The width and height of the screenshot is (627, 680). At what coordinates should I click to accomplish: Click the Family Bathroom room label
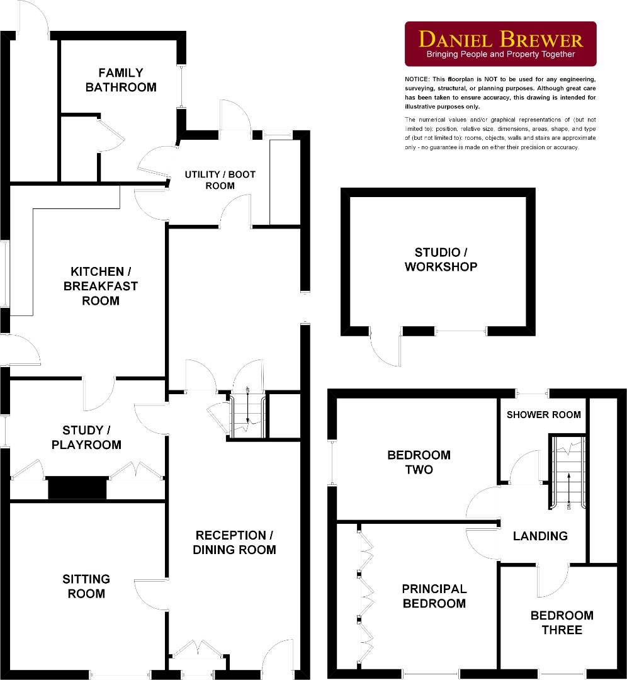[x=121, y=80]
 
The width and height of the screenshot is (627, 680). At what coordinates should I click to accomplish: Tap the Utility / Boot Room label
[x=220, y=180]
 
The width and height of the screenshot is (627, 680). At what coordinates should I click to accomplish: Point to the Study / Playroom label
[x=91, y=438]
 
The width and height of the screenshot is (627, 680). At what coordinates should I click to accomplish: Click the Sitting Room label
[x=86, y=586]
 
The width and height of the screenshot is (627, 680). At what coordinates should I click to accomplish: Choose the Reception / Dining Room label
[x=234, y=543]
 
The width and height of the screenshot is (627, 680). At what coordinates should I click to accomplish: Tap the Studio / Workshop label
[x=441, y=259]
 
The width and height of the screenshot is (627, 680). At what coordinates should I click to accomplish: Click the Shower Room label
[x=543, y=414]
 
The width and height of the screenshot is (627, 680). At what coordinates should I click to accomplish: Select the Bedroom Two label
[x=419, y=462]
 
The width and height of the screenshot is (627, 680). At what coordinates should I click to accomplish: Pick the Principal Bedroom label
[x=434, y=596]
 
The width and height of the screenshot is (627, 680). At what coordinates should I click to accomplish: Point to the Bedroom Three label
[x=562, y=623]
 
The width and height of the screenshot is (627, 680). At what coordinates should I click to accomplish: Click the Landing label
[x=540, y=536]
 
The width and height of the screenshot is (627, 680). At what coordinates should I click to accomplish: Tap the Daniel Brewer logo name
[x=500, y=40]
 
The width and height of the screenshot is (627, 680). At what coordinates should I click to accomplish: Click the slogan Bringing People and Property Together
[x=500, y=55]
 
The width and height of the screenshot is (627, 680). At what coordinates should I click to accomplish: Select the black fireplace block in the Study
[x=77, y=488]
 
